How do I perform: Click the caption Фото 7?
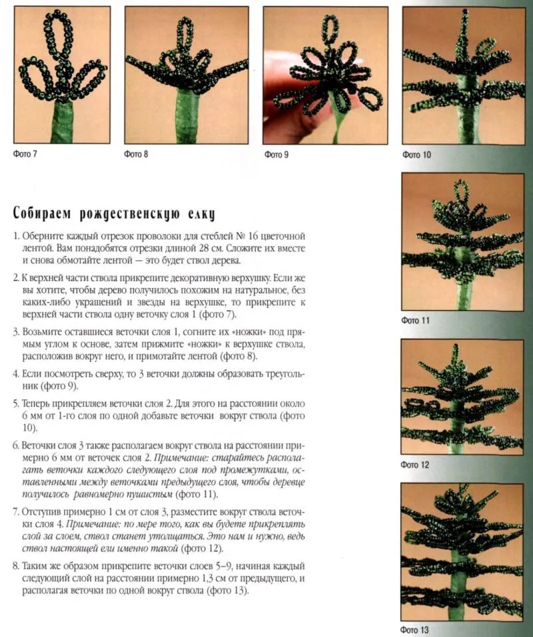point(25,155)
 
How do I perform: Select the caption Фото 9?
point(276,155)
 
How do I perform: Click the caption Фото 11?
point(416,320)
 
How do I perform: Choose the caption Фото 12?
point(416,465)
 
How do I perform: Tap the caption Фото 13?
point(416,630)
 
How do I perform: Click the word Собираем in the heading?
point(42,214)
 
